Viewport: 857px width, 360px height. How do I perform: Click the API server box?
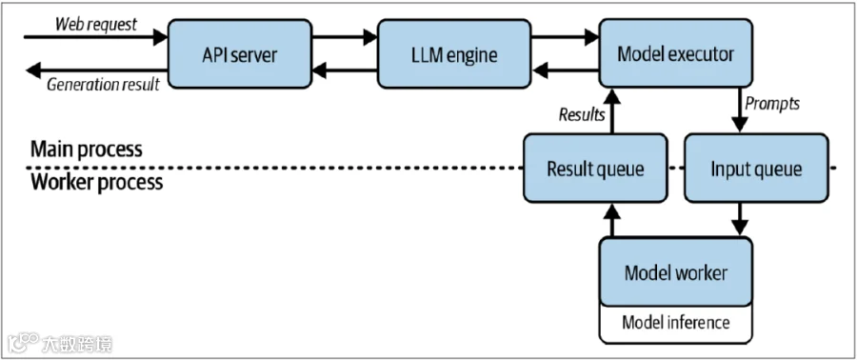[239, 53]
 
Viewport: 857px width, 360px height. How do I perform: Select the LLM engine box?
[453, 53]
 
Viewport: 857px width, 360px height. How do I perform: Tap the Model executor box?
[675, 53]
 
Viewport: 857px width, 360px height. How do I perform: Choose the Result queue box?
[594, 168]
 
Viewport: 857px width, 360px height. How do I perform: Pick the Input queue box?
[756, 168]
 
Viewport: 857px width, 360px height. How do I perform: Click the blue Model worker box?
[675, 271]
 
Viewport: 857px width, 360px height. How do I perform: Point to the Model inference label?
[675, 322]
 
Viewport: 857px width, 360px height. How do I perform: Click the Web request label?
[95, 24]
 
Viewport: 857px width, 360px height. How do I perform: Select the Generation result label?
[103, 84]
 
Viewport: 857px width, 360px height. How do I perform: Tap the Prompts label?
[772, 104]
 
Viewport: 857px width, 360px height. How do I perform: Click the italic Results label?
[582, 114]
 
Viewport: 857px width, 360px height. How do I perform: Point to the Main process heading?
[87, 150]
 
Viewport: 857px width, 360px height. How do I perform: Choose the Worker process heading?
[96, 182]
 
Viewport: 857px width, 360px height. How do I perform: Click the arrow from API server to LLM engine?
[345, 37]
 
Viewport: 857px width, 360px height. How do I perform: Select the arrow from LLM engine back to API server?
[345, 70]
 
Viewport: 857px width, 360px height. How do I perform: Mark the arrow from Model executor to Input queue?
[740, 110]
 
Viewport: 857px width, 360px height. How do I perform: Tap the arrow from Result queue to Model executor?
[612, 110]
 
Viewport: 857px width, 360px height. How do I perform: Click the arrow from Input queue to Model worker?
[740, 220]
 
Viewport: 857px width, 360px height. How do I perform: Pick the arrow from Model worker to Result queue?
[612, 220]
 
